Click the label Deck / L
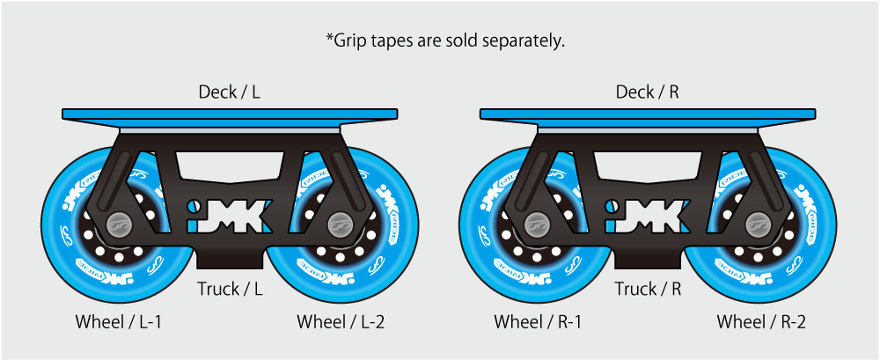pos(229,92)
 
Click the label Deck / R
pos(647,92)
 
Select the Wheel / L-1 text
pos(119,322)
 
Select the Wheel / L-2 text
pos(341,322)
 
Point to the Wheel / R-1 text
pos(537,322)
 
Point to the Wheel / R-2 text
pos(761,322)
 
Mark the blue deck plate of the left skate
pos(229,114)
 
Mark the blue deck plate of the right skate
pos(647,114)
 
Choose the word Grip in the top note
pos(351,40)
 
